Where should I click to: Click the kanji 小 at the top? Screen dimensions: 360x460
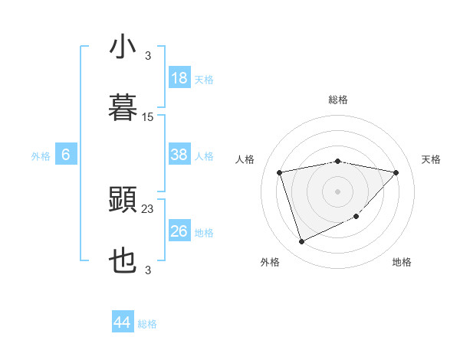pyautogui.click(x=123, y=47)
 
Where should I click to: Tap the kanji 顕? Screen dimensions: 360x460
pyautogui.click(x=123, y=200)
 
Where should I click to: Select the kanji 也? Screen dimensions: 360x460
pyautogui.click(x=123, y=261)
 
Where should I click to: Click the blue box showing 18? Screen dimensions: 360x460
pyautogui.click(x=179, y=78)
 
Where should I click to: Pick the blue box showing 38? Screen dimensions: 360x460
pyautogui.click(x=179, y=155)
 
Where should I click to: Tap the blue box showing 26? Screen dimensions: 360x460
pyautogui.click(x=179, y=231)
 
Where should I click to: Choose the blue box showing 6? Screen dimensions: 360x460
pyautogui.click(x=66, y=155)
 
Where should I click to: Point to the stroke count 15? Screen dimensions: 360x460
pyautogui.click(x=148, y=116)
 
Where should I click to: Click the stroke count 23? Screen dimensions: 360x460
pyautogui.click(x=148, y=208)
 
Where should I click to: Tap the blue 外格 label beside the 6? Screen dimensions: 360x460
pyautogui.click(x=41, y=155)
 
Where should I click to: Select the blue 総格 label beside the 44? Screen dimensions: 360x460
pyautogui.click(x=147, y=324)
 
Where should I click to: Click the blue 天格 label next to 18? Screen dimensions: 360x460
pyautogui.click(x=203, y=79)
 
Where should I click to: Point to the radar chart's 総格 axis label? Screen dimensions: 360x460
pyautogui.click(x=338, y=100)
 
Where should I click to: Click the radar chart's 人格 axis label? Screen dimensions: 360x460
pyautogui.click(x=245, y=159)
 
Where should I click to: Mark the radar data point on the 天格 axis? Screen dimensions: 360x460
pyautogui.click(x=396, y=172)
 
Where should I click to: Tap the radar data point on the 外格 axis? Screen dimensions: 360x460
pyautogui.click(x=301, y=242)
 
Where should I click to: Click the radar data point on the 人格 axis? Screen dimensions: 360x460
pyautogui.click(x=280, y=172)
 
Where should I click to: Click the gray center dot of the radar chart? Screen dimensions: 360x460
pyautogui.click(x=338, y=191)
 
